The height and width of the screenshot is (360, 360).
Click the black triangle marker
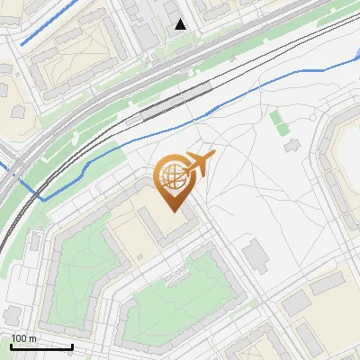click(181, 24)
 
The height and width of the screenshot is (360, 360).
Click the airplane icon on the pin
click(198, 164)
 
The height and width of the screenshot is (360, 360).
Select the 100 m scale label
click(24, 337)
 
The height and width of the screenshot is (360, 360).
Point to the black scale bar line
click(40, 346)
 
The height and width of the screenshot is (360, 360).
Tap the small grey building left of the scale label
click(11, 315)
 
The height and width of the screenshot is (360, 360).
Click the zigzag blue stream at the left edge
click(22, 180)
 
